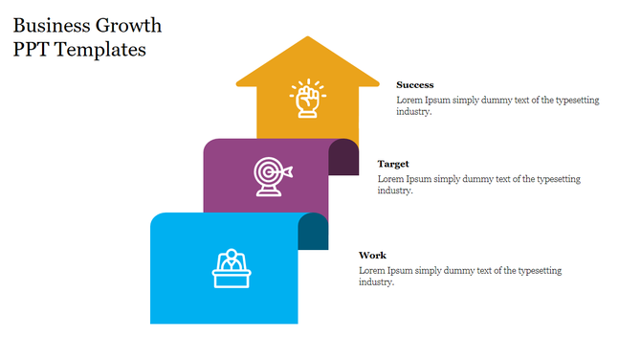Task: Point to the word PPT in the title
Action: [x=32, y=49]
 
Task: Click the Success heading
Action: [x=415, y=85]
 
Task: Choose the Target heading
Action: [x=393, y=164]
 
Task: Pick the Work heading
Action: [x=372, y=256]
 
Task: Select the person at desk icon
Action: [x=231, y=268]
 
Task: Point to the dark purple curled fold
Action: [x=343, y=158]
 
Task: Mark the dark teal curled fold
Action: [x=313, y=232]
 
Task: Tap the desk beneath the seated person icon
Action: [x=231, y=279]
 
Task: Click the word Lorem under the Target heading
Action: [x=390, y=179]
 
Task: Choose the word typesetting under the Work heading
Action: [x=541, y=271]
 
